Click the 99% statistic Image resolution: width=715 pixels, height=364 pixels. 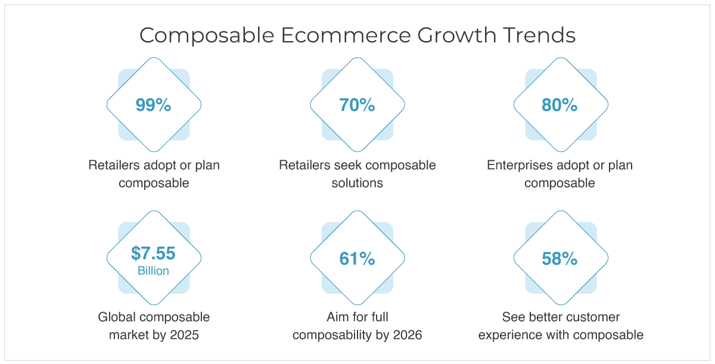[x=154, y=105]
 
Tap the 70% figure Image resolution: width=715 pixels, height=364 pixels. [x=357, y=105]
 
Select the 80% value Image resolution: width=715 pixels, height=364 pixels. [x=560, y=105]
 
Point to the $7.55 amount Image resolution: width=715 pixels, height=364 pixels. [x=153, y=253]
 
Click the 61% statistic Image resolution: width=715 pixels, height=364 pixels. [x=357, y=259]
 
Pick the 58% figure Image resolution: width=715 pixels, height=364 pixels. [x=560, y=259]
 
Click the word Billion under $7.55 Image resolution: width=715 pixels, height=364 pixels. [x=153, y=271]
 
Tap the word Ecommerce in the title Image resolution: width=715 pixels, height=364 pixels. [x=346, y=35]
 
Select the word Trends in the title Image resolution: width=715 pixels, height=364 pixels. [x=539, y=35]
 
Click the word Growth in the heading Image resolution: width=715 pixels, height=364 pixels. [x=457, y=35]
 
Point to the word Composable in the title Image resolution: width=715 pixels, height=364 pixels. [x=207, y=36]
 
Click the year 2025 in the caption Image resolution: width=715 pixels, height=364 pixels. [x=185, y=335]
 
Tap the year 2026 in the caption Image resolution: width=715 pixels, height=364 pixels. [x=408, y=335]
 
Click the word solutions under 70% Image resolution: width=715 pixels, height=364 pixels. [x=357, y=183]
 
